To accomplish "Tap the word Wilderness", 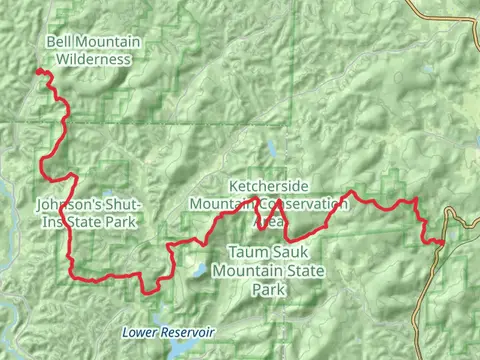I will (x=93, y=59).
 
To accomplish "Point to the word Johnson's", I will (x=67, y=203).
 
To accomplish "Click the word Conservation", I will (x=303, y=203).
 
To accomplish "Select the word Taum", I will (x=247, y=253).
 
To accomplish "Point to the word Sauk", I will (x=286, y=253).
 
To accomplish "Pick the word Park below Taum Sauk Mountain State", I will (x=268, y=289).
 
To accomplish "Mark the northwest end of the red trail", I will (x=39, y=71).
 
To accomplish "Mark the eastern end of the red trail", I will (x=443, y=241).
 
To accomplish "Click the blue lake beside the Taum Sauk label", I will (x=201, y=269).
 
